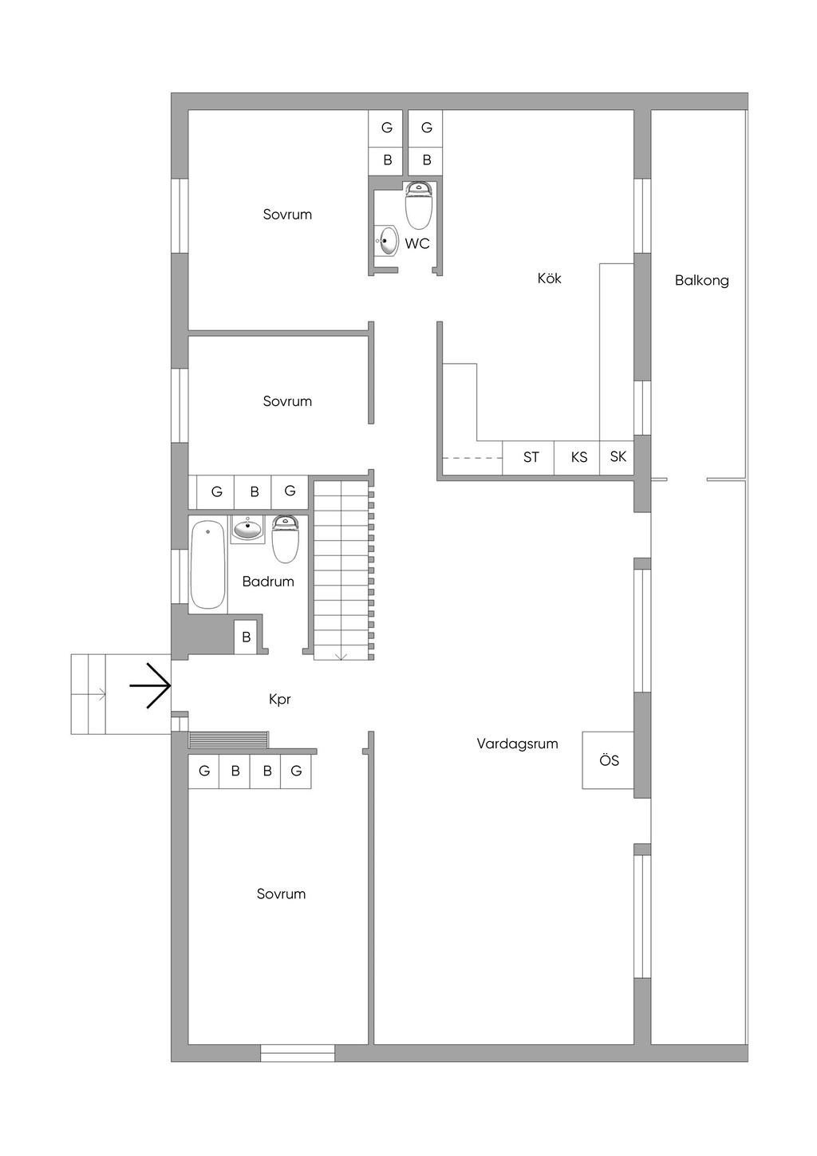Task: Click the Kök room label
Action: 549,278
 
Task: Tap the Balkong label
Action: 701,281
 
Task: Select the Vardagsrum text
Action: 517,744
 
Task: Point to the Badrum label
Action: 268,582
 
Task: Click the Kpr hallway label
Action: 280,700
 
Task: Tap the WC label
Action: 417,243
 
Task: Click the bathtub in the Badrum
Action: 208,565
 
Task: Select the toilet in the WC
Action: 419,206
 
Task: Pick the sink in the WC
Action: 387,240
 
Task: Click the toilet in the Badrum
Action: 286,539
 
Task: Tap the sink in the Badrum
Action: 247,528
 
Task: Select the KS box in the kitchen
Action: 577,458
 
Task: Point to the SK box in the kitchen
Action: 617,458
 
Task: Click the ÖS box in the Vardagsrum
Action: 608,760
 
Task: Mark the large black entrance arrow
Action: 150,685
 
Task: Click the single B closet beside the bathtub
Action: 247,637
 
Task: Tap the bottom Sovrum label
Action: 282,894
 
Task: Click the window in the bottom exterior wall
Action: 298,1053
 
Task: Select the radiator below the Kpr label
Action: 229,740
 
